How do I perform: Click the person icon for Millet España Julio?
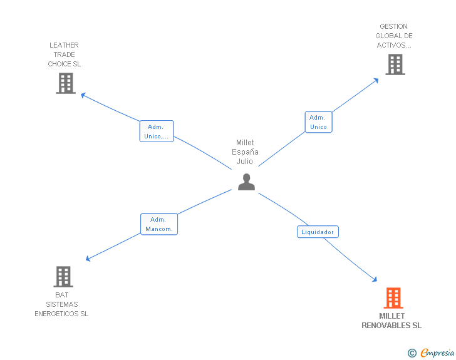coord(246,182)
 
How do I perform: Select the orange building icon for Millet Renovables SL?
coord(393,298)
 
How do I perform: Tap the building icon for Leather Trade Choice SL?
coord(65,83)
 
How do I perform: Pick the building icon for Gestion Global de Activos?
coord(395,64)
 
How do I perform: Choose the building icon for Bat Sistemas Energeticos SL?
coord(63,277)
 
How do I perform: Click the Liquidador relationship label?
coord(318,232)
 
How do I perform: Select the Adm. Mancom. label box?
coord(159,224)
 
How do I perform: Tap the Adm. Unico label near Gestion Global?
coord(318,122)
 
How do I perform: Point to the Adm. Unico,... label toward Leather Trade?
coord(156,131)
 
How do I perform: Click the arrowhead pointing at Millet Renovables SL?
coord(375,279)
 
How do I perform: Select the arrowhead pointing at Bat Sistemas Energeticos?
coord(89,259)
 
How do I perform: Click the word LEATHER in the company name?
coord(64,45)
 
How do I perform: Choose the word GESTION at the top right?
coord(393,26)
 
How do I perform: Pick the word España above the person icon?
coord(245,152)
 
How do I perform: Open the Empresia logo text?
coord(437,353)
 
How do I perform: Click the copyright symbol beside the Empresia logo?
coord(412,353)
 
